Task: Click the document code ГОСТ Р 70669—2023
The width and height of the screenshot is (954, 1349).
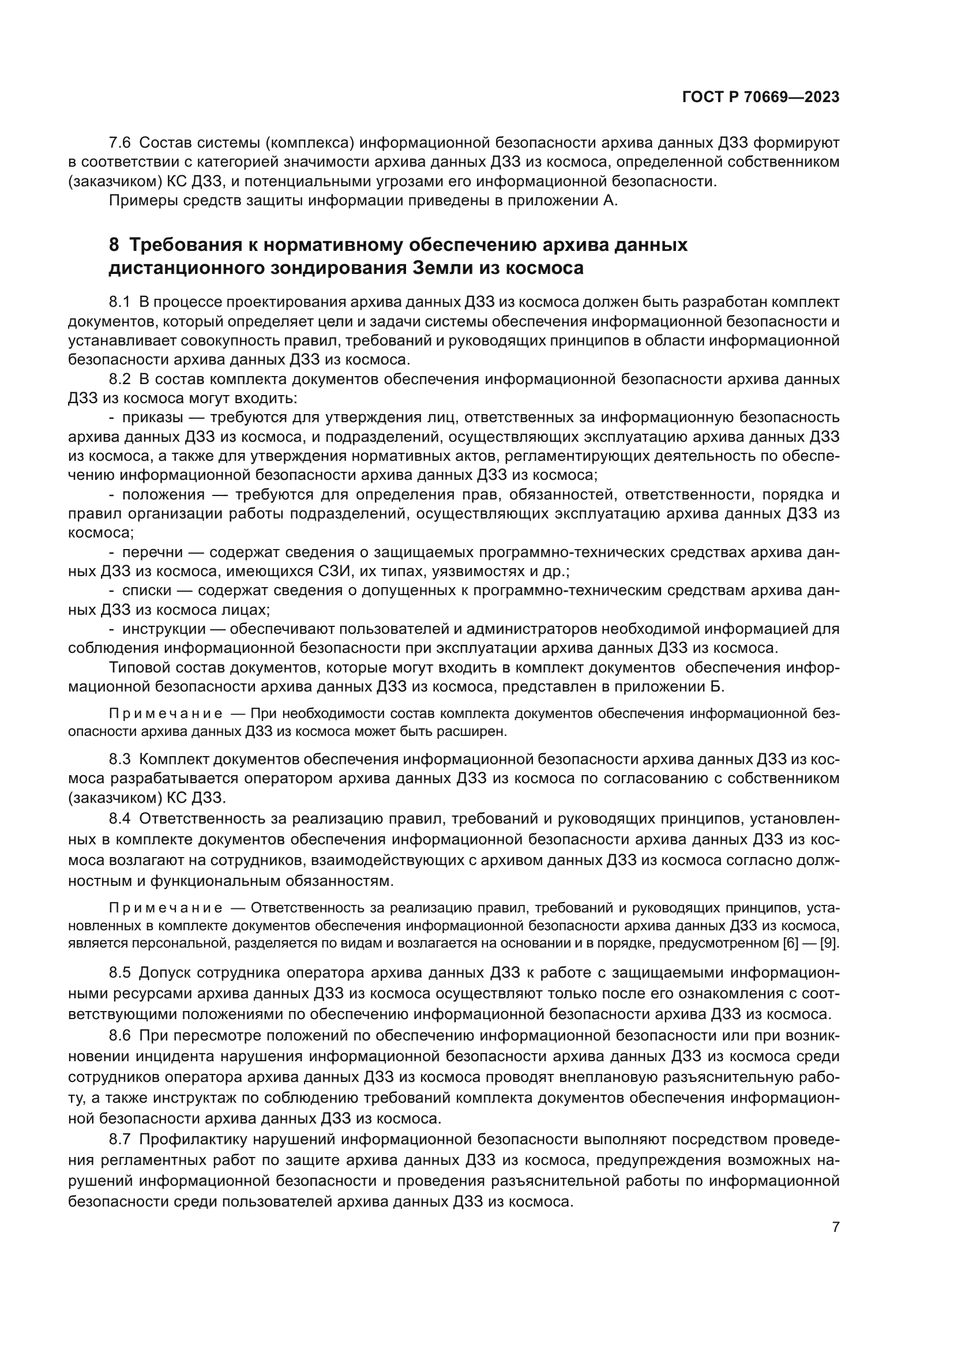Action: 761,97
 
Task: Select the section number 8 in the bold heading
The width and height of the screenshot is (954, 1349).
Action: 115,245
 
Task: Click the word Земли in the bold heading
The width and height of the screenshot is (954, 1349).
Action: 434,268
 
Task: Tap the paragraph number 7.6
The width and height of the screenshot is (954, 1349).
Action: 121,143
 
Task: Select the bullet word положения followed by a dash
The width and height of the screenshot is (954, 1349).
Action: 163,495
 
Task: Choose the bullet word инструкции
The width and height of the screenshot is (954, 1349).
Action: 164,629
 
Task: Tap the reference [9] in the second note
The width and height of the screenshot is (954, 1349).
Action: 829,944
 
